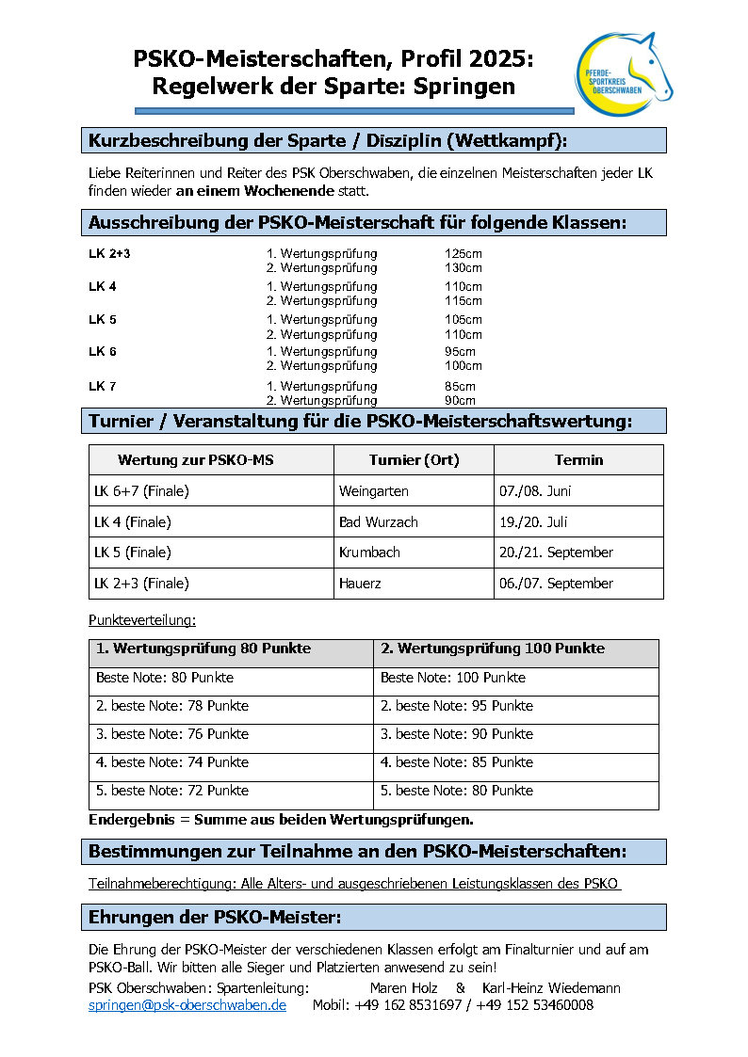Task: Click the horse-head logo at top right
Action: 624,74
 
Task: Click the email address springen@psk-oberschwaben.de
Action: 187,1005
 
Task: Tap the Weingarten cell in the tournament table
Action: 372,491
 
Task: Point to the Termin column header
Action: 578,460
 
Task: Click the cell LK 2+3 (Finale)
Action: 141,584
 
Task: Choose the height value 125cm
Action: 463,254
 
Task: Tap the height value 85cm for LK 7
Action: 460,386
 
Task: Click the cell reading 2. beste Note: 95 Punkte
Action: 457,706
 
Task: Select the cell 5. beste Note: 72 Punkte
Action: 172,791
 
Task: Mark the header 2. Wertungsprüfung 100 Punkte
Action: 493,649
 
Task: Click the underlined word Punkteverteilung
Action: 141,621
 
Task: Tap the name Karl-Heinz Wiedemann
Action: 551,988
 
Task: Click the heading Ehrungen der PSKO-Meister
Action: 215,917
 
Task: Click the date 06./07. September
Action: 556,584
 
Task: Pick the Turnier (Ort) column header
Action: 414,460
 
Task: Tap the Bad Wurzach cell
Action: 379,521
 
